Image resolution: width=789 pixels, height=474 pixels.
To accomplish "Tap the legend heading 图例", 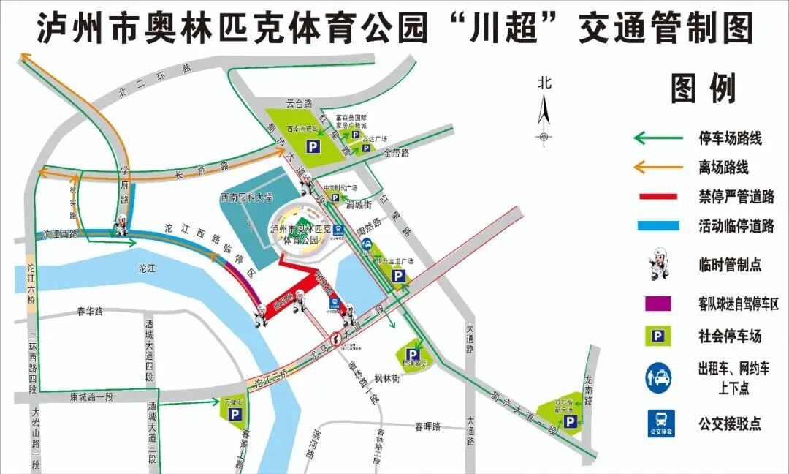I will click(x=704, y=89).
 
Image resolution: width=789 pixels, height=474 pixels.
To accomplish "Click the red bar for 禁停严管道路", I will click(x=660, y=197).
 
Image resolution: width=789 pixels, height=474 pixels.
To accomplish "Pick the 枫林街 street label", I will click(x=386, y=378).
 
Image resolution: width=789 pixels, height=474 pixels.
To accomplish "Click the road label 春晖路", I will click(x=427, y=426).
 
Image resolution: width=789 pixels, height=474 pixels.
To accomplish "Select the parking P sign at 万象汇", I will click(x=235, y=415).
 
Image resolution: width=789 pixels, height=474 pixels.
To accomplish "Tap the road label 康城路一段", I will click(x=93, y=396).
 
